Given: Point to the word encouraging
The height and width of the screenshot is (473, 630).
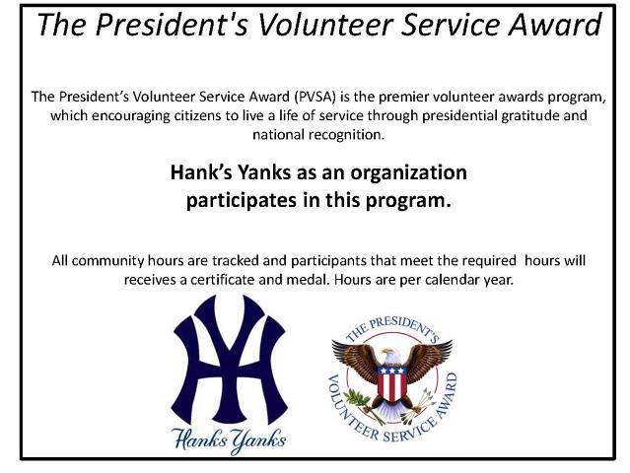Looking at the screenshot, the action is click(131, 115).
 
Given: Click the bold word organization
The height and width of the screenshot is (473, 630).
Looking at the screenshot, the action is click(408, 173).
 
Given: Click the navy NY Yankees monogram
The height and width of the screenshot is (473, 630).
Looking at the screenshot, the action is click(230, 359).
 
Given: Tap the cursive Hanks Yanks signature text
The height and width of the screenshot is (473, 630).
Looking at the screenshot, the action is click(229, 439).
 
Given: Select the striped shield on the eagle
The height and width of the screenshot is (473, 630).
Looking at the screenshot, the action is click(391, 383).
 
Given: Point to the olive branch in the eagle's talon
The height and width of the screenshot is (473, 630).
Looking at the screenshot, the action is click(363, 405).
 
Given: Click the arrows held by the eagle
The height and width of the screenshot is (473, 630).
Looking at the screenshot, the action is click(418, 405).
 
